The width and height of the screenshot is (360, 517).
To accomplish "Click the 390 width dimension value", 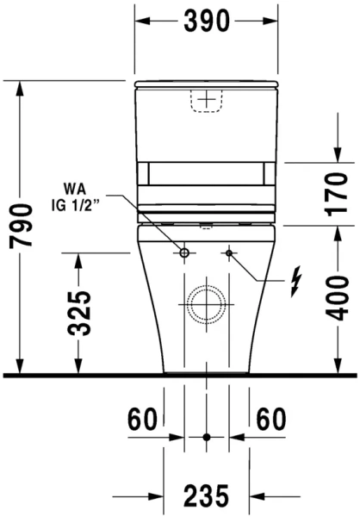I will (x=206, y=22).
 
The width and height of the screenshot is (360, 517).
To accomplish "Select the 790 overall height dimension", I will (x=22, y=227).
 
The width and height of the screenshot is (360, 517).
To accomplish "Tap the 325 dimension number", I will (x=79, y=314).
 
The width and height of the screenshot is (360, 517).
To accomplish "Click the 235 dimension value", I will (x=206, y=496).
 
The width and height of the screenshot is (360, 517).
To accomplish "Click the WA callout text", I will (x=76, y=188).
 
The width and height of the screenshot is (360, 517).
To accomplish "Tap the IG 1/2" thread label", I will (x=76, y=207).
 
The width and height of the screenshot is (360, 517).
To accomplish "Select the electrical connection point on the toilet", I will (x=228, y=253).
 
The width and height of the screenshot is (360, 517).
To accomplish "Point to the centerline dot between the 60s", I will (x=206, y=438).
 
